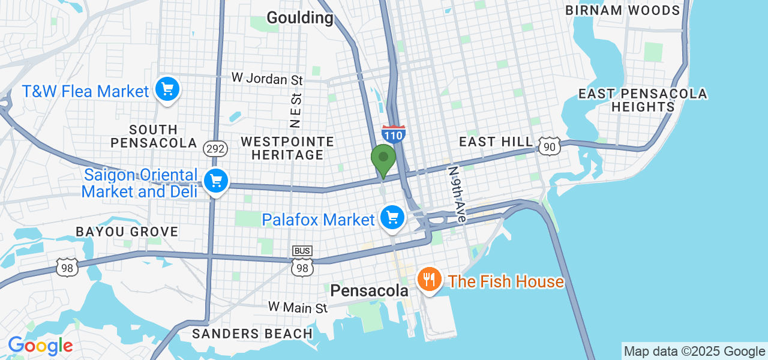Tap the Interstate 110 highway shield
[393, 134]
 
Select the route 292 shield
[214, 148]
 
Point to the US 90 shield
[549, 146]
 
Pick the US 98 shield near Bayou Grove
[67, 268]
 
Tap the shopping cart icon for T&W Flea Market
[167, 90]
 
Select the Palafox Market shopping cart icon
[392, 218]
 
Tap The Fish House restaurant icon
[429, 280]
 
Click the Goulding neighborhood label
[299, 17]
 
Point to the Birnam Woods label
[622, 10]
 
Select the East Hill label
[496, 142]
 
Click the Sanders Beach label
[252, 334]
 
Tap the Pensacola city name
[369, 291]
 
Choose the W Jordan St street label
[268, 79]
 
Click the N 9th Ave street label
[457, 194]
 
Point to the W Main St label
[298, 307]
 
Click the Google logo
[40, 346]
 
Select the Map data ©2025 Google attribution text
[694, 352]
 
